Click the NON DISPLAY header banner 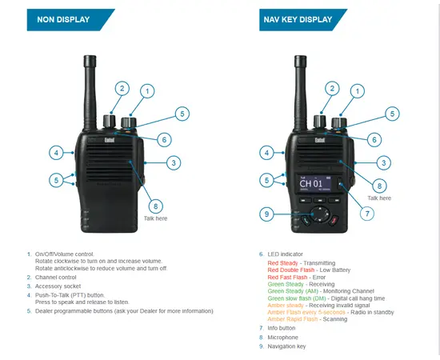click(67, 18)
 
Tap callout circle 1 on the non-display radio click(146, 92)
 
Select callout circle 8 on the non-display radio click(155, 206)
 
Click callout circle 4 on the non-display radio click(56, 152)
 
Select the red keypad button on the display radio click(336, 219)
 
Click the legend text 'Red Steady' click(284, 262)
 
